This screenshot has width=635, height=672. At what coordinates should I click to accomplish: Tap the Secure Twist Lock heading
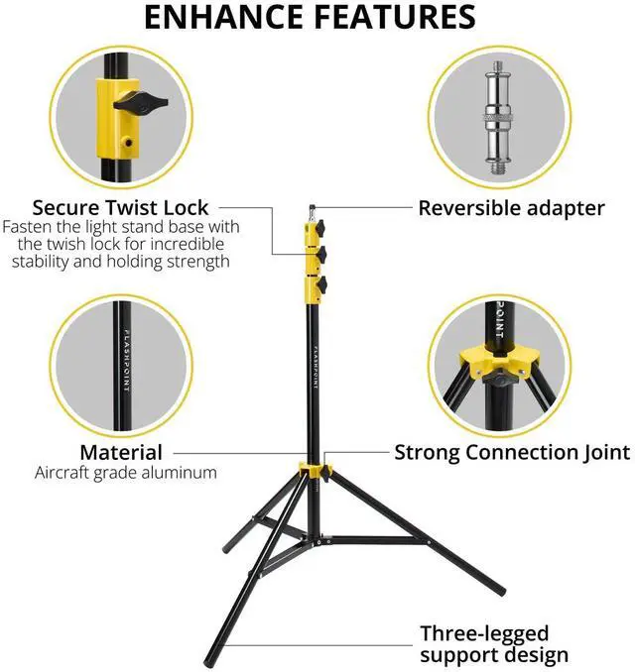[x=120, y=207]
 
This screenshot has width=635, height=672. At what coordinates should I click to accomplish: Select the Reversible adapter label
[x=511, y=208]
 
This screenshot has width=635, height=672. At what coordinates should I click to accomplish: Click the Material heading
[x=121, y=453]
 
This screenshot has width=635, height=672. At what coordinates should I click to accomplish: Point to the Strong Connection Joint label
[x=512, y=453]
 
